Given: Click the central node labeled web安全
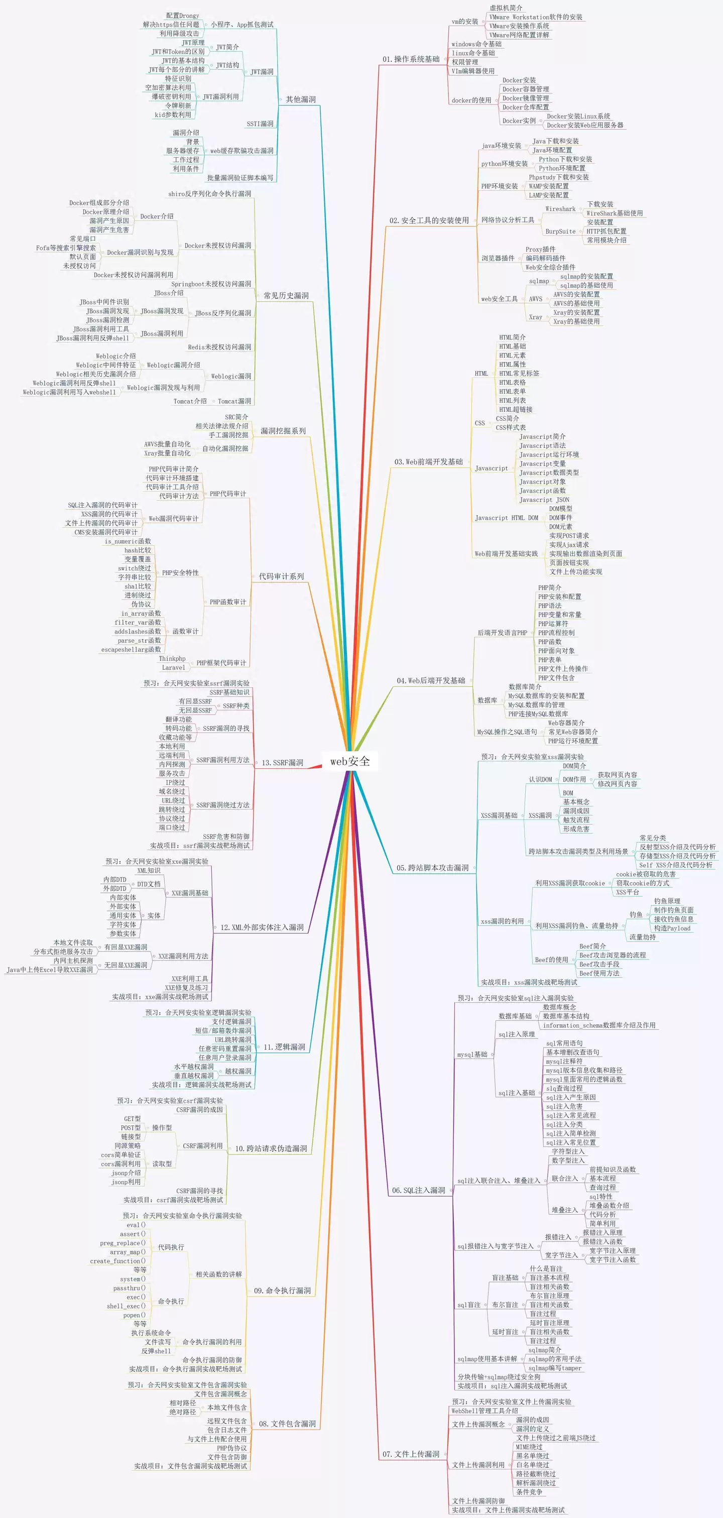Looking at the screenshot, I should pos(350,761).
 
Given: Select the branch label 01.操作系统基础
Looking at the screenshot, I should pos(411,59).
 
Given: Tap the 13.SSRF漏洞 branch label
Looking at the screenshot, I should pos(282,763).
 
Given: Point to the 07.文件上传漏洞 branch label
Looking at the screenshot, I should pos(411,1454).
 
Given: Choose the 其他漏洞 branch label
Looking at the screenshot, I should pos(301,99).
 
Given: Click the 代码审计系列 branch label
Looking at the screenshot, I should pos(281,576).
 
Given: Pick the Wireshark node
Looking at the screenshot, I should pos(560,208).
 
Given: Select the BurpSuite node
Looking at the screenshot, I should pos(560,231).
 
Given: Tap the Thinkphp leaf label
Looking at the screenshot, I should pos(172,659).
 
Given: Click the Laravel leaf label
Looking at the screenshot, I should pos(173,668).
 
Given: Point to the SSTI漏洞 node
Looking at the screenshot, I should pos(260,124).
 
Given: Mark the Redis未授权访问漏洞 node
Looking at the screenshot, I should pos(219,347).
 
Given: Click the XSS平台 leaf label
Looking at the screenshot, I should pos(627,892).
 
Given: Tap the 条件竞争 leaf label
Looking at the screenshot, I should pos(529,1491).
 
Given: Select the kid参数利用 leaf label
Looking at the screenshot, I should pos(173,115).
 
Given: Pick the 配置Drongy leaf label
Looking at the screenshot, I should pos(182,16).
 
